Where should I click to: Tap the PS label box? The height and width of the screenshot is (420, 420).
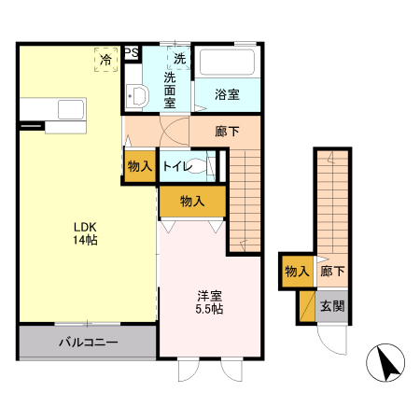132,53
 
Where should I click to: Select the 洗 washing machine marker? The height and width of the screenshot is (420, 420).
179,57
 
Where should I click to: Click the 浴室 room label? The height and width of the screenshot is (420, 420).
228,94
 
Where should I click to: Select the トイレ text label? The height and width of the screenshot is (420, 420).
177,166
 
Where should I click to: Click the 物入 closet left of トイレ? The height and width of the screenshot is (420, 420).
139,166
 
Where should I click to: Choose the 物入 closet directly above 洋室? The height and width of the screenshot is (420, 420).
191,201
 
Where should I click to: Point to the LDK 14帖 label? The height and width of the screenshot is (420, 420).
86,233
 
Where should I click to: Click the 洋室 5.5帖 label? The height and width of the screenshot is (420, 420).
209,301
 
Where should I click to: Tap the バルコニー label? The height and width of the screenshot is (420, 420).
88,343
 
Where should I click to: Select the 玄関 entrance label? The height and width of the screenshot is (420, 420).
332,305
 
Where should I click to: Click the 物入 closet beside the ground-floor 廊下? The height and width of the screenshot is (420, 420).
297,272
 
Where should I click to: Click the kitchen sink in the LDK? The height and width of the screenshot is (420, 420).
70,109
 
